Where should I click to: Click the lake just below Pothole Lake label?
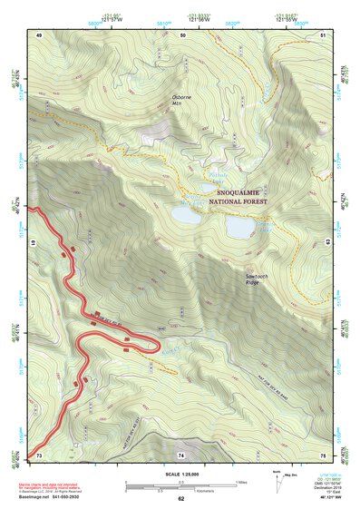tap(188, 216)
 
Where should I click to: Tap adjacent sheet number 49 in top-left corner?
tap(40, 34)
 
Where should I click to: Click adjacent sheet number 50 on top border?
tap(183, 34)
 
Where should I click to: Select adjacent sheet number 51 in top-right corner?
tap(324, 34)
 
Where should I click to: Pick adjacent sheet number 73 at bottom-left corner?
tap(40, 454)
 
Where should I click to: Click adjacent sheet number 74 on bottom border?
tap(181, 454)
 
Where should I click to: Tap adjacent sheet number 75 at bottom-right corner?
tap(324, 454)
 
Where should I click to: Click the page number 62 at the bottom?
tap(181, 498)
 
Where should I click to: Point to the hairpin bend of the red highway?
tap(83, 342)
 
